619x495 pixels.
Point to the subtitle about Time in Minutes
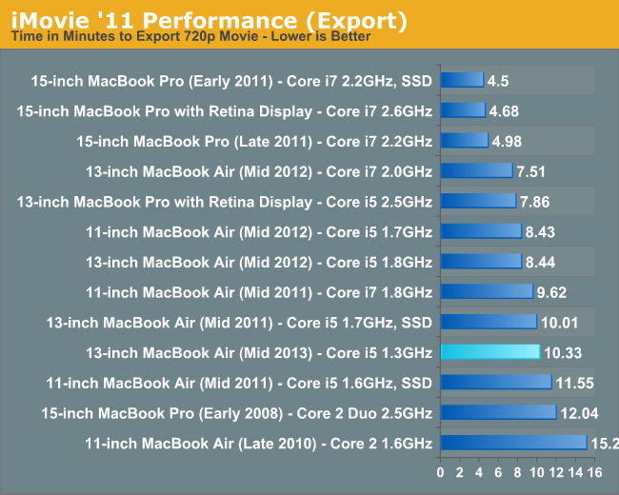coord(190,37)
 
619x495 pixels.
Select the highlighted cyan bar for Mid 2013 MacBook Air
coord(489,352)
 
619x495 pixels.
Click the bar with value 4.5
coord(462,81)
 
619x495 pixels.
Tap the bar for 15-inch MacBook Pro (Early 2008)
coord(498,413)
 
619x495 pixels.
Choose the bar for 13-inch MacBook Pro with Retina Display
coord(478,202)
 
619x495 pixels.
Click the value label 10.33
coord(562,353)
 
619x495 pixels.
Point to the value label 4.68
coord(504,111)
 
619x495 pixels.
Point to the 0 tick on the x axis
coord(440,472)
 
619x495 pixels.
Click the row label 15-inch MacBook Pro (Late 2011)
coord(254,142)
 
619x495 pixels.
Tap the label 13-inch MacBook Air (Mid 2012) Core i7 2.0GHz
coord(259,172)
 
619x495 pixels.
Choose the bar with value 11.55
coord(495,383)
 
